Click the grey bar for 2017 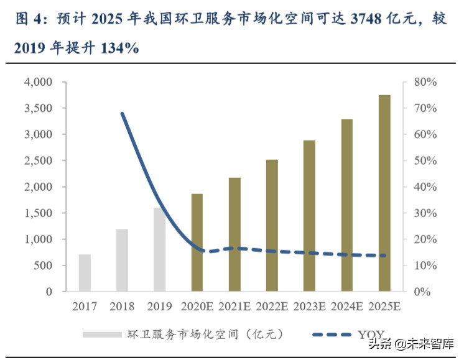(x=85, y=273)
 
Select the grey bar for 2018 (x=122, y=261)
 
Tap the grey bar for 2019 (x=159, y=249)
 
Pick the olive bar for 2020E (x=197, y=242)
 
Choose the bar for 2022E (x=272, y=226)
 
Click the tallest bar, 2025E (x=384, y=193)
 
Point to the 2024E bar (x=347, y=205)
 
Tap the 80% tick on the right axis (x=427, y=82)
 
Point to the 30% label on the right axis (x=427, y=213)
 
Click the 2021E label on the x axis (x=234, y=306)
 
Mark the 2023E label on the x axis (x=309, y=306)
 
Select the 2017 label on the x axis (x=85, y=306)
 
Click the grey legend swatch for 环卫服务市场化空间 (x=102, y=335)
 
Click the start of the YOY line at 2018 (x=122, y=113)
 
